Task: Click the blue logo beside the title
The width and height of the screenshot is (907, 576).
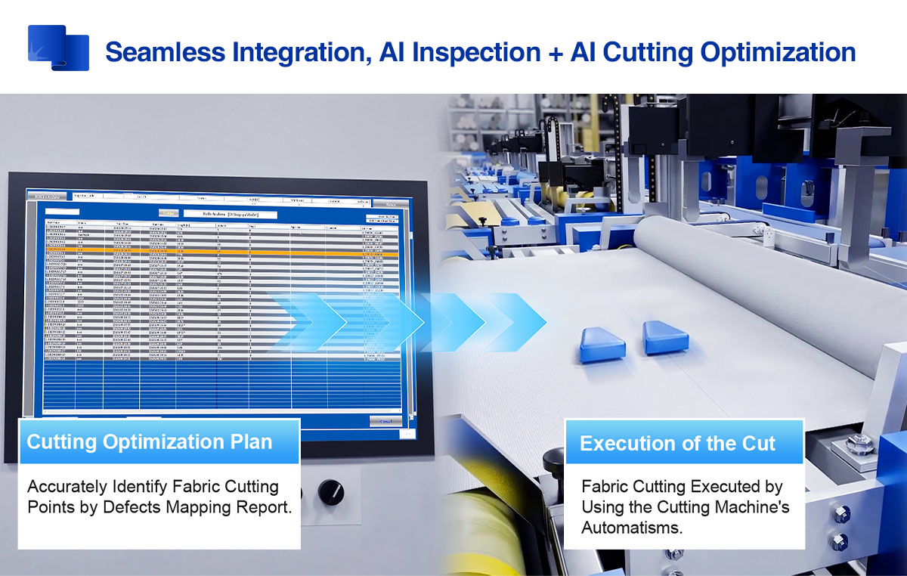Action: [x=58, y=48]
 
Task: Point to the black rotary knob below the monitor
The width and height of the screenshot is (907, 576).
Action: [x=330, y=493]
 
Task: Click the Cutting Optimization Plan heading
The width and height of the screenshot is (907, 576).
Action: [x=150, y=442]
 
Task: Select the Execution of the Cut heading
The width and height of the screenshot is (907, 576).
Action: [x=677, y=444]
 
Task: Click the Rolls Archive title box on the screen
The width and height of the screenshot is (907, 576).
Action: [x=229, y=214]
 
